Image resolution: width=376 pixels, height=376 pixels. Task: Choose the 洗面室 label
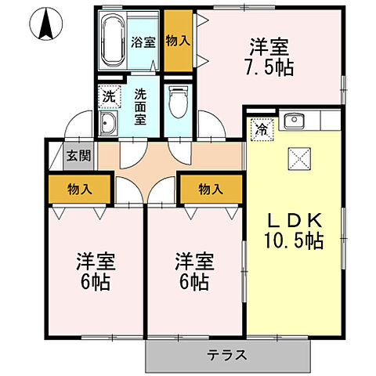pyautogui.click(x=140, y=107)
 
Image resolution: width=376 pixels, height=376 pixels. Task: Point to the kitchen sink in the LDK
pyautogui.click(x=295, y=121)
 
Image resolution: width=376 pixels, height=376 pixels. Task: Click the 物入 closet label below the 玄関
pyautogui.click(x=79, y=189)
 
